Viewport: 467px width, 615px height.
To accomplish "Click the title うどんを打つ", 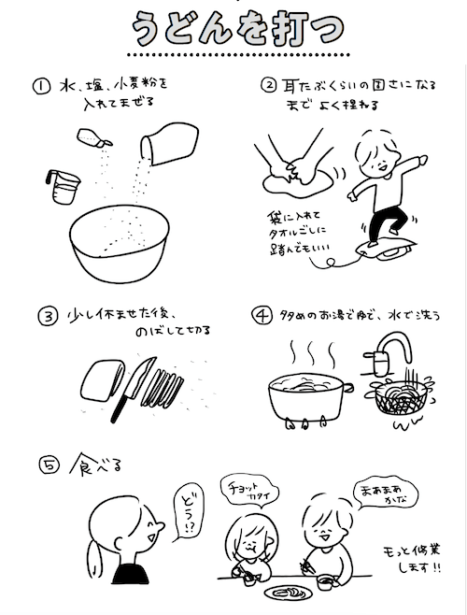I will click(233, 30).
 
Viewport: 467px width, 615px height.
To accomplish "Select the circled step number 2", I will click(268, 85).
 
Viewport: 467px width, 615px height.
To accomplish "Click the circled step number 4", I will click(264, 314).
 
